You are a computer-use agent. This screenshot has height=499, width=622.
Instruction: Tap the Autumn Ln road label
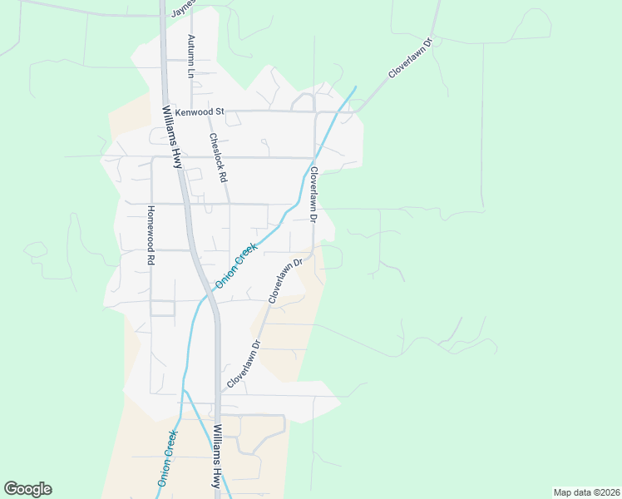(190, 56)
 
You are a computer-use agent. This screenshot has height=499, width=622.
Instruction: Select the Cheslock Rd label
(218, 158)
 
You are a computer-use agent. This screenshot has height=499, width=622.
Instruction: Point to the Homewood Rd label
(151, 235)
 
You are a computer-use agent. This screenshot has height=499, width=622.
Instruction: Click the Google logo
(27, 489)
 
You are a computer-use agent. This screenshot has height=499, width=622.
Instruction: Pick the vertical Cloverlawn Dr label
(314, 194)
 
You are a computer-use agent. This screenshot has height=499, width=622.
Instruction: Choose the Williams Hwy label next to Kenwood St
(171, 136)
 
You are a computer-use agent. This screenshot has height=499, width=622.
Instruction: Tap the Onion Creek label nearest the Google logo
(166, 457)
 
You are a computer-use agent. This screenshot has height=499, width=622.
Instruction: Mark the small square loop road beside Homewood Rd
(163, 309)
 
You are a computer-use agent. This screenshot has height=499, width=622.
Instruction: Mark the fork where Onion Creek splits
(185, 391)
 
